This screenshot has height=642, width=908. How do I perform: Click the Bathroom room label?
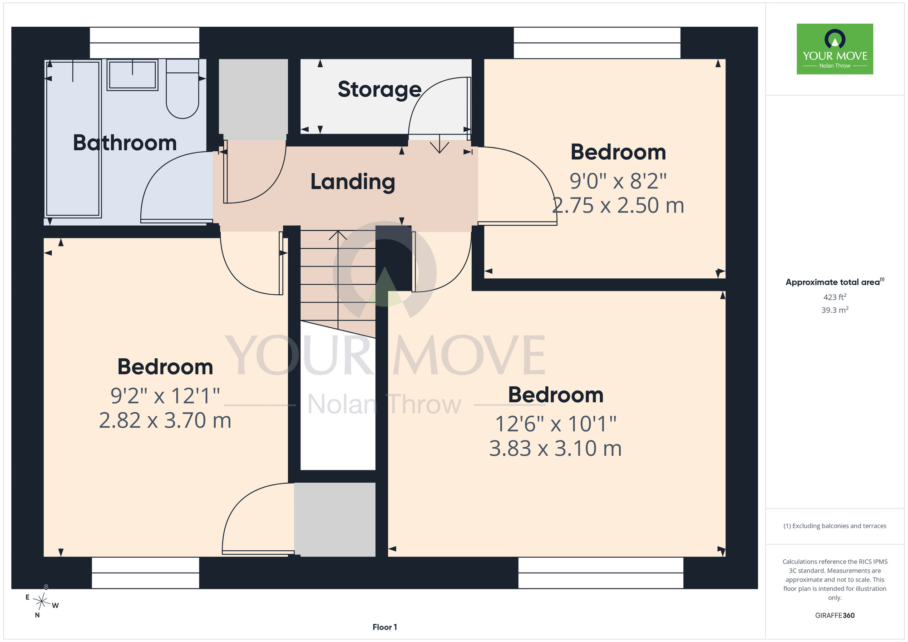coord(125,143)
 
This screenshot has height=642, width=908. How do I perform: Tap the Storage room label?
coord(380,89)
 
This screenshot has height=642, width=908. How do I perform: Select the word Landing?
coord(353,182)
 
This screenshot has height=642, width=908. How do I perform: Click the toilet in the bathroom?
coord(183,89)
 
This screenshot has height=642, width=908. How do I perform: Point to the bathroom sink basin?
coord(133,75)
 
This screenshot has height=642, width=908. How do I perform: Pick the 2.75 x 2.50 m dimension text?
coord(618,205)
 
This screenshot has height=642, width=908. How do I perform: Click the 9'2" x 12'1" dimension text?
coord(165,396)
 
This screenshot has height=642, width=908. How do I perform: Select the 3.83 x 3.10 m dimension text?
coord(555,449)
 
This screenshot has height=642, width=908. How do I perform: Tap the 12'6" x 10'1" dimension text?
coord(555,424)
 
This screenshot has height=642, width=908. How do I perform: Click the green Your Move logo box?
coord(835,49)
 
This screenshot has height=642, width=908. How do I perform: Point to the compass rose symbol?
coord(41,602)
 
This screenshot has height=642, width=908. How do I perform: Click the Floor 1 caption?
coord(385,627)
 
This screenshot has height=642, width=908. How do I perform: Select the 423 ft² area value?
coord(835,297)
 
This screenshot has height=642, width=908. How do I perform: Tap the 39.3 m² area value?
coord(835,310)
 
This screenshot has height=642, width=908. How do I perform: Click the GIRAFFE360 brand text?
coord(835,616)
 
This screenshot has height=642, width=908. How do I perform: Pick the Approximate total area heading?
coord(835,282)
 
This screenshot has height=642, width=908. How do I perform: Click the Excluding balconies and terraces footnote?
coord(835,526)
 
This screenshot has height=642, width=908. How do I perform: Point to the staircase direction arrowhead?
coord(338,235)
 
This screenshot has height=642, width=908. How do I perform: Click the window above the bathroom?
coord(144,43)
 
